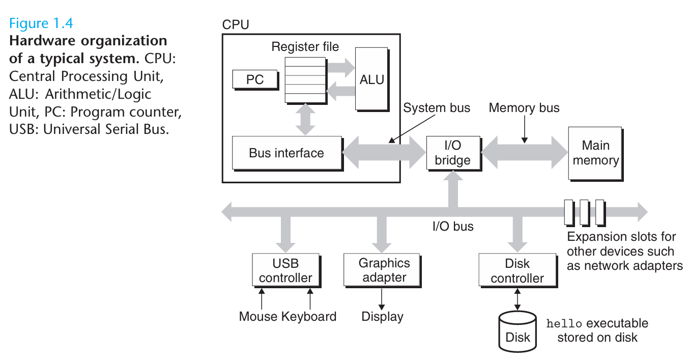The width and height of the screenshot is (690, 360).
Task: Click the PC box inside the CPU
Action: click(x=255, y=79)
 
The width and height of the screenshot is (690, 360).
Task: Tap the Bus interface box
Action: click(x=286, y=153)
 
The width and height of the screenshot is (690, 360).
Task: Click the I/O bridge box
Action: click(x=452, y=153)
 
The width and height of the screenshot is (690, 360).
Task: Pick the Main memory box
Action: click(x=595, y=153)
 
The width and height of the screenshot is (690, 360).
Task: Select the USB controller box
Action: click(x=285, y=270)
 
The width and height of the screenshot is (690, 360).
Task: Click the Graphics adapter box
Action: click(x=384, y=270)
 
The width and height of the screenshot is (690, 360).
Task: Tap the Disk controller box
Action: click(x=517, y=271)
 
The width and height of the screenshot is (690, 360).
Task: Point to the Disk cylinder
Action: click(x=517, y=332)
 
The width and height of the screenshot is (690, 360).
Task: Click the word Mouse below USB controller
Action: click(x=258, y=316)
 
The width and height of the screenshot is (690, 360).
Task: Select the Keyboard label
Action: click(x=309, y=316)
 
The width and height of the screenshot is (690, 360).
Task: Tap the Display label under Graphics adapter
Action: click(x=382, y=316)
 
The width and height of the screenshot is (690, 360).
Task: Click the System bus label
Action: click(x=437, y=108)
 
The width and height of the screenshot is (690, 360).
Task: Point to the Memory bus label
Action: click(x=524, y=108)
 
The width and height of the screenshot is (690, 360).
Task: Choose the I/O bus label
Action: click(x=453, y=227)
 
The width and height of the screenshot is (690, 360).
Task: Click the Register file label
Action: click(x=305, y=47)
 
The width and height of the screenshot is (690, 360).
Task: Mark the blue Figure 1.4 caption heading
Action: click(x=42, y=24)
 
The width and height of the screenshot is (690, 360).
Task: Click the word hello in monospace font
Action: click(x=562, y=324)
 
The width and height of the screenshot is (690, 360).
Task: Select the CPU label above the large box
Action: click(x=236, y=24)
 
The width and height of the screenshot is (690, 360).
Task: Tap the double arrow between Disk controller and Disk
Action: click(x=517, y=299)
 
